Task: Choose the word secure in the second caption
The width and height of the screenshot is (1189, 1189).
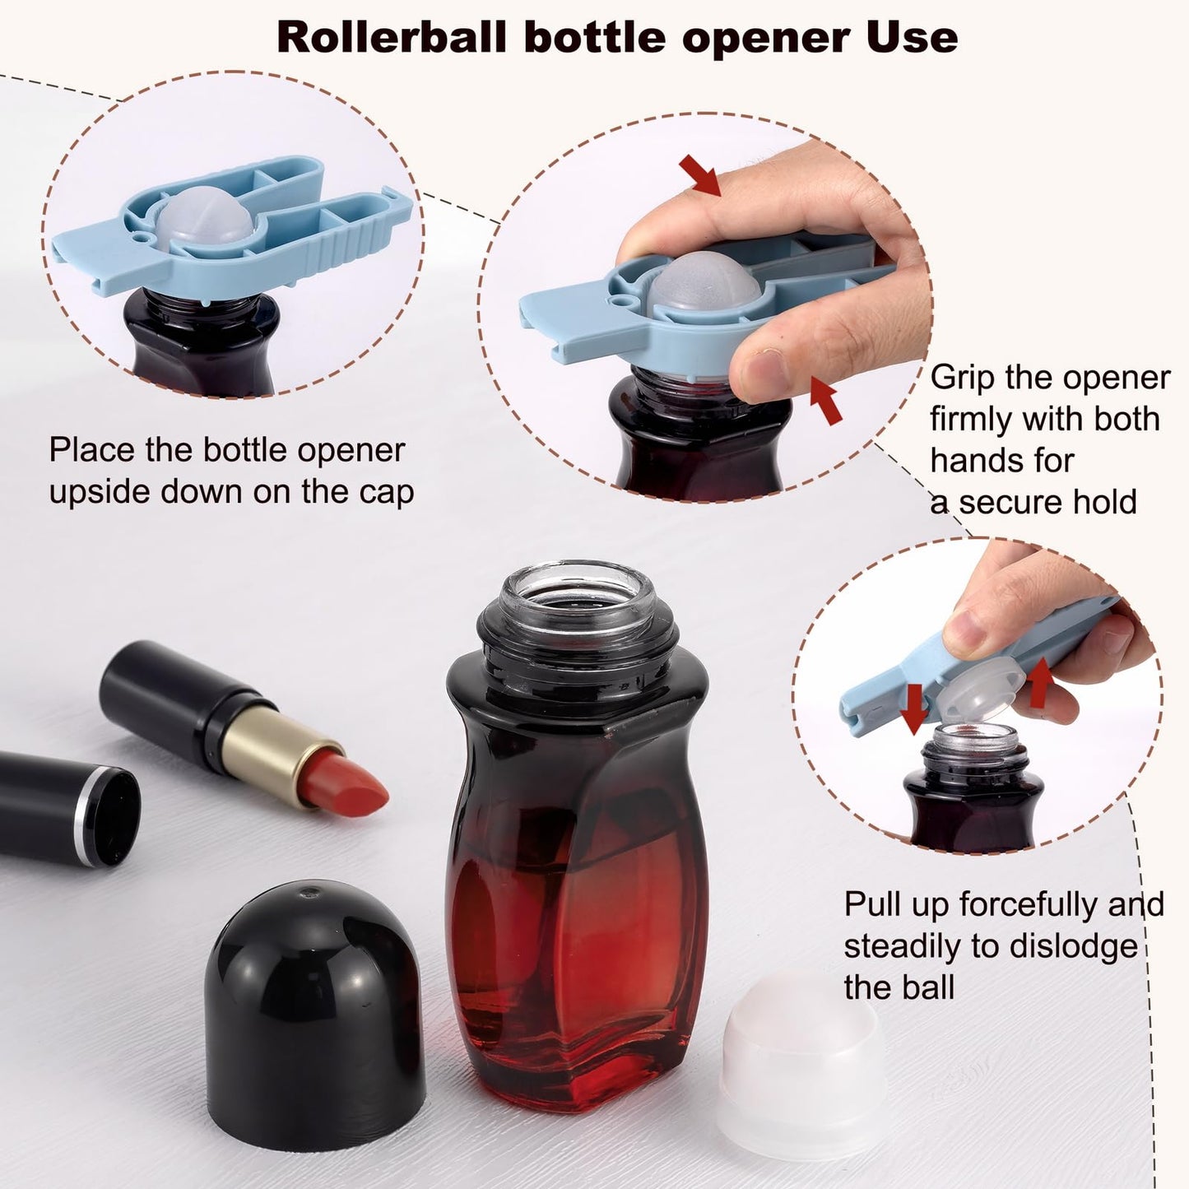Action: pos(1020,501)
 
